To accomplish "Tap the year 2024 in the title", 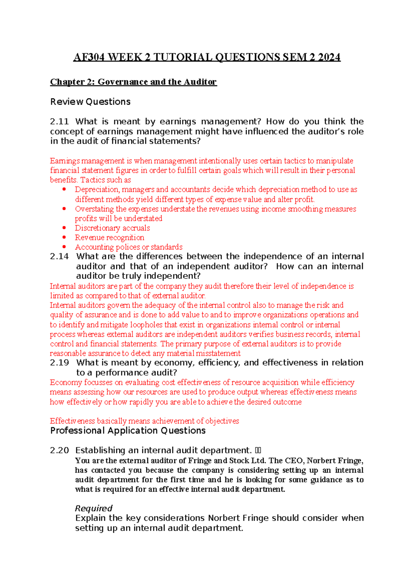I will point(329,57).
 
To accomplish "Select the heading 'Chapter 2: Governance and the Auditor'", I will point(133,82).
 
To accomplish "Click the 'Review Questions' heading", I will point(90,102).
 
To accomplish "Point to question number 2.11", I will point(59,122).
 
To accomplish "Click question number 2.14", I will point(59,256).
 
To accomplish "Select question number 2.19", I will point(59,362).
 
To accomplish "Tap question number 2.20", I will point(59,450).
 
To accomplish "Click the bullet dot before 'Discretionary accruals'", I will point(64,228).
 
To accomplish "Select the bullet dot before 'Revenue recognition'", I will point(64,237).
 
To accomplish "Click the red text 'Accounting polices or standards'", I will point(129,247).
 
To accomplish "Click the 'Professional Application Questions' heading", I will point(128,431).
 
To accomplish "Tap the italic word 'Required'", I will point(93,508).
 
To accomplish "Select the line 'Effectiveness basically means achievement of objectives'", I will point(144,421).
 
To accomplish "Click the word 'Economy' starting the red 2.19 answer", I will point(63,382).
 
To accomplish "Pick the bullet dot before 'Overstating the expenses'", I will point(64,209).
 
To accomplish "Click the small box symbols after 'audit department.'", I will point(258,451).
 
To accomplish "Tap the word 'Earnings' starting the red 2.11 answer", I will point(65,161).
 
